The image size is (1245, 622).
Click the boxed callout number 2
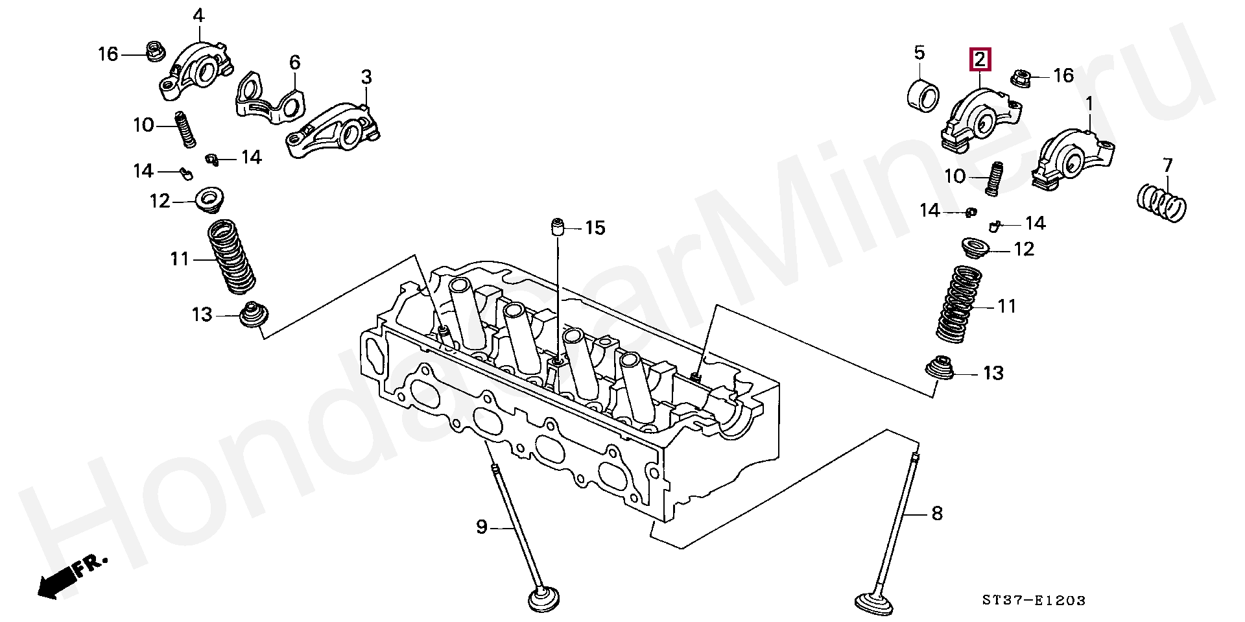(x=980, y=60)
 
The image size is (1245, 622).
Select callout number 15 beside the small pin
(x=595, y=228)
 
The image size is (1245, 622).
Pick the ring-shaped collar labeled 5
(x=923, y=97)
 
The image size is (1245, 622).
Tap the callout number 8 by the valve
(x=936, y=514)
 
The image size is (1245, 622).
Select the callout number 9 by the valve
(x=481, y=527)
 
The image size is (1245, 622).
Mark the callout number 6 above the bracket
(x=294, y=62)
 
